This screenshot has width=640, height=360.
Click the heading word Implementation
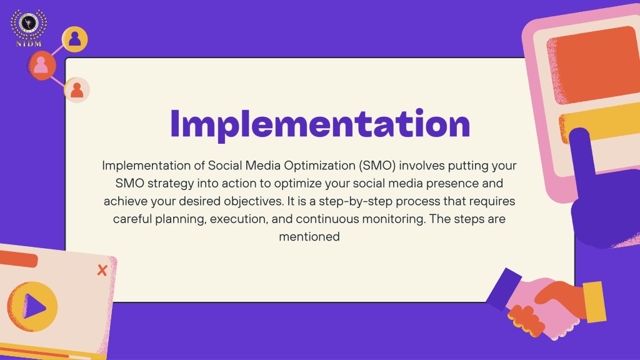pyautogui.click(x=320, y=124)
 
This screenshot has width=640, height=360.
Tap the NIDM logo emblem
pyautogui.click(x=29, y=27)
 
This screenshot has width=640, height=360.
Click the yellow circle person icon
pyautogui.click(x=75, y=39)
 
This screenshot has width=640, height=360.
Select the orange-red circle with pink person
pyautogui.click(x=41, y=65)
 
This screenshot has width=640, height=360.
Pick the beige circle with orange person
pyautogui.click(x=77, y=90)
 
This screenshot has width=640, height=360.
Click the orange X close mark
pyautogui.click(x=102, y=270)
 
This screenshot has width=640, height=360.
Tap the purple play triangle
pyautogui.click(x=34, y=306)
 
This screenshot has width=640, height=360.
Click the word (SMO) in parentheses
pyautogui.click(x=377, y=166)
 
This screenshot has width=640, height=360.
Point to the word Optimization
pyautogui.click(x=319, y=166)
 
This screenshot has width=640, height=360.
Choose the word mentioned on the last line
pyautogui.click(x=309, y=237)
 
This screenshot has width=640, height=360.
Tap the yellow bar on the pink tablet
pyautogui.click(x=600, y=122)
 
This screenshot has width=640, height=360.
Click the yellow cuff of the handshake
pyautogui.click(x=594, y=301)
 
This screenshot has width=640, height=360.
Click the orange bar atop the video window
pyautogui.click(x=18, y=259)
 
